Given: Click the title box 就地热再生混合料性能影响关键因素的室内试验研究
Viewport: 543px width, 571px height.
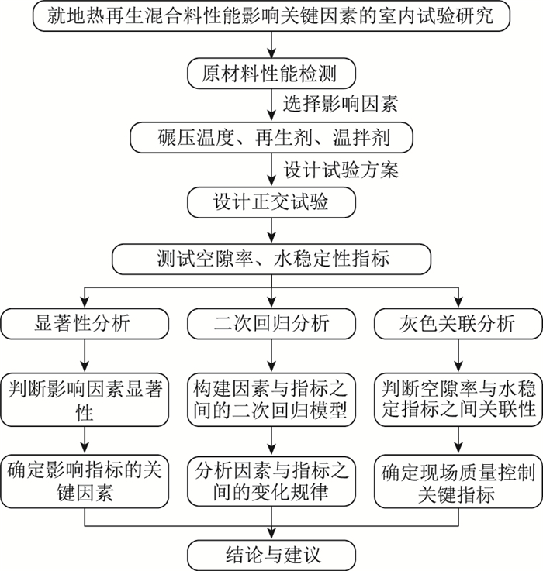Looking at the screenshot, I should pos(271,15).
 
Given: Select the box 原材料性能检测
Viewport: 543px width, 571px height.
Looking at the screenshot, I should pos(271,74).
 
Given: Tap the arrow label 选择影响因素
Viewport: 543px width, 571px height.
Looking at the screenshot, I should pos(341,103).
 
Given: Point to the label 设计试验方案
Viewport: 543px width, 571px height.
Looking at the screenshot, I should pos(341,169).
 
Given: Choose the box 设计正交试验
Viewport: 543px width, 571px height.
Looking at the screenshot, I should pos(271,202).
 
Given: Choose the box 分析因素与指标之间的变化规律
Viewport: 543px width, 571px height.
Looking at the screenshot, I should pos(271,481).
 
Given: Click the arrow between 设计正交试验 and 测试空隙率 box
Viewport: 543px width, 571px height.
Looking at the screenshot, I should pos(271,230).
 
